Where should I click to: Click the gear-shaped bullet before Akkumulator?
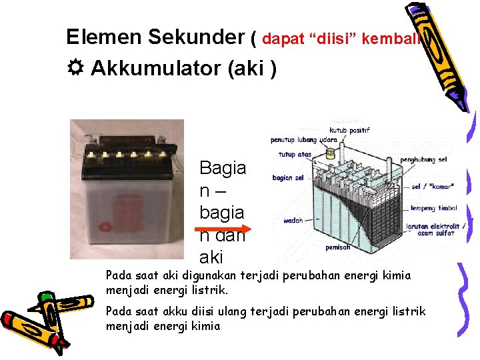[75, 69]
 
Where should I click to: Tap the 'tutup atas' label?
[295, 155]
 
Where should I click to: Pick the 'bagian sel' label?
[288, 178]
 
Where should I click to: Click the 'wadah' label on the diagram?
[293, 221]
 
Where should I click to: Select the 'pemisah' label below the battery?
[338, 247]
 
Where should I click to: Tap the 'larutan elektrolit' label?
[437, 227]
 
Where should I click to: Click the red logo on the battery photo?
[104, 225]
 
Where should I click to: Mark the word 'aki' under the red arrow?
[211, 257]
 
